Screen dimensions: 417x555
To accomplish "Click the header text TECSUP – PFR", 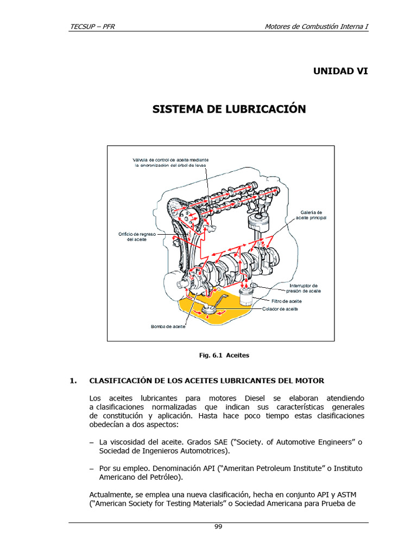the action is click(x=92, y=27).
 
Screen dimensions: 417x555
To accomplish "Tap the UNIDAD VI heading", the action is click(x=340, y=71).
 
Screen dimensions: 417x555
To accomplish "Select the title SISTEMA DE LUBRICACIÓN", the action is click(x=229, y=108).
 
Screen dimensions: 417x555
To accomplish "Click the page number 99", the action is click(x=218, y=527).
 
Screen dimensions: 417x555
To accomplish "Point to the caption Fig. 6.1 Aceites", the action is click(x=224, y=356).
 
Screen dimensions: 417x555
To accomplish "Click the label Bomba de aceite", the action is click(x=168, y=326).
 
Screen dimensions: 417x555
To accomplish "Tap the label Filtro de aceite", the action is click(x=287, y=301).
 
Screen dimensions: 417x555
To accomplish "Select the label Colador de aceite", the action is click(x=280, y=309).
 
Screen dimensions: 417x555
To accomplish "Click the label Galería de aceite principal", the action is click(x=311, y=215).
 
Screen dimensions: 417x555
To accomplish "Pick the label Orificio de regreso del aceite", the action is click(x=137, y=237).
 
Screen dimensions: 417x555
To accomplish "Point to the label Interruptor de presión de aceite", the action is click(x=304, y=288).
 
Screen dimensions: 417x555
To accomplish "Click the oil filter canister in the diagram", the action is click(x=246, y=297).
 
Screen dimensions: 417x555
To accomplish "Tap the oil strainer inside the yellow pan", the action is click(x=209, y=309).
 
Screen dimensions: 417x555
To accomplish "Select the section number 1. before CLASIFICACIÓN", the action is click(x=73, y=381).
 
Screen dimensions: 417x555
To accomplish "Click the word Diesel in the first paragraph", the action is click(x=255, y=398).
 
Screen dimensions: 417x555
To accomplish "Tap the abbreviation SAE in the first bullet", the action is click(x=220, y=442).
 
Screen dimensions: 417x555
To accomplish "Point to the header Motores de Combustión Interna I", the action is click(x=317, y=27).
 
